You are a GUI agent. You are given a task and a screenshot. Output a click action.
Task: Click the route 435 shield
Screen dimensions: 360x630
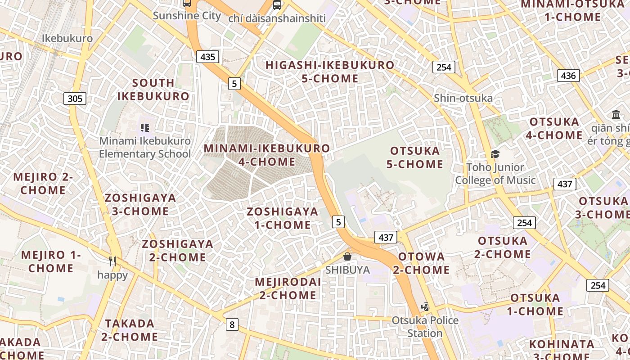[x=207, y=56]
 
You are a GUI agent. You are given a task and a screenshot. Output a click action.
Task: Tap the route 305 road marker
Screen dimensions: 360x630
[x=75, y=98]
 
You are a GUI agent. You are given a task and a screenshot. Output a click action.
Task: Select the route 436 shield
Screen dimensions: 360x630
[x=568, y=75]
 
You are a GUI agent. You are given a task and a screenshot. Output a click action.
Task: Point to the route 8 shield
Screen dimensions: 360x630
[x=232, y=324]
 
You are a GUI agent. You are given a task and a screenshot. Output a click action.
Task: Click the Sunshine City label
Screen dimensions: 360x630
[x=187, y=16]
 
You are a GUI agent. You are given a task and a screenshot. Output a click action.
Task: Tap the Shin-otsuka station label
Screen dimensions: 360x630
[x=463, y=98]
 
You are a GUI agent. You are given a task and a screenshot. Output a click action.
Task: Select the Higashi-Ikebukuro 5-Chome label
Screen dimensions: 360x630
[x=330, y=72]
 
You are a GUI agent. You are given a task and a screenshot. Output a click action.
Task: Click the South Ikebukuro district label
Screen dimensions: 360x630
[x=153, y=90]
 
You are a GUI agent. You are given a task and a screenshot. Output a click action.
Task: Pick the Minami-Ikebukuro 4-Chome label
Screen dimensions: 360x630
[x=267, y=155]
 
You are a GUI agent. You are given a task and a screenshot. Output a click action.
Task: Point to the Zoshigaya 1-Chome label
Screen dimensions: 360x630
[x=282, y=218]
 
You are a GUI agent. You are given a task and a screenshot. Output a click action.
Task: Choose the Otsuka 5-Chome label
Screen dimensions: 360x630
[x=414, y=157]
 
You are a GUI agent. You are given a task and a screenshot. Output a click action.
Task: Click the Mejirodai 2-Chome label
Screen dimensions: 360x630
[x=288, y=288]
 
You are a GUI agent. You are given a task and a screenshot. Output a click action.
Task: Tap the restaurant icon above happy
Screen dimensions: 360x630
[x=112, y=261]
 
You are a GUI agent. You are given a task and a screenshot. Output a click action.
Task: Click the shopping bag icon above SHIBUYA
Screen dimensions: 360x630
[x=347, y=256]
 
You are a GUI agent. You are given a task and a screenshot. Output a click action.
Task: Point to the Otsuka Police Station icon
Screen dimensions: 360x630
[x=425, y=307]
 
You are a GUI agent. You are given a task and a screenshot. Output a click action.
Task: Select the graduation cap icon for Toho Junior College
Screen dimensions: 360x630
[x=495, y=154]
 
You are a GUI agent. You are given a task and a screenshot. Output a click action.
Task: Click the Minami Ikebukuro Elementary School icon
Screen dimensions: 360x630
[x=144, y=127]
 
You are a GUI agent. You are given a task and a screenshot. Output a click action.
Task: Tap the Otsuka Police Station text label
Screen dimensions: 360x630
[x=425, y=327]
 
